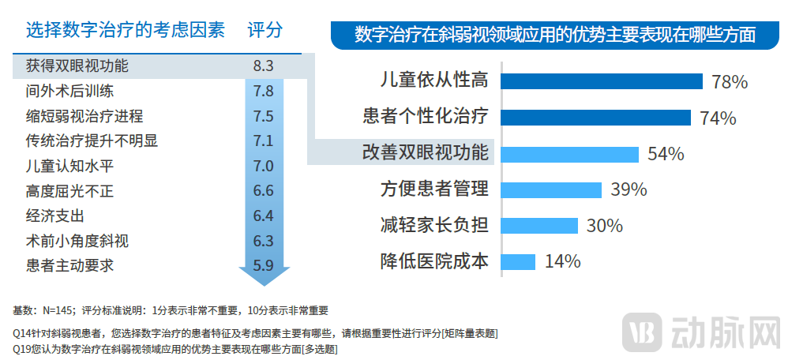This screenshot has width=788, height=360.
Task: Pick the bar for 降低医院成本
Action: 519,261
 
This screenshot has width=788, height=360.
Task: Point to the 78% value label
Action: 729,82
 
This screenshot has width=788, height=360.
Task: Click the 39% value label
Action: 629,189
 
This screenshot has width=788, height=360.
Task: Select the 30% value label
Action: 605,226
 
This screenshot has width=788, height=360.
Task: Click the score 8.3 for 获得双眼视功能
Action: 264,66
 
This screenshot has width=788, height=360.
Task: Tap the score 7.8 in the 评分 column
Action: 264,91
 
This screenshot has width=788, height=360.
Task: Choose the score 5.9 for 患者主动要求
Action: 264,266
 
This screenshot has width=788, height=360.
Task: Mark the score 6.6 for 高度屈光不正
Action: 264,191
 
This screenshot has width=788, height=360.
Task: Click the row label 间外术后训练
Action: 70,91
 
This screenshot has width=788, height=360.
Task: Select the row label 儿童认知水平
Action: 70,166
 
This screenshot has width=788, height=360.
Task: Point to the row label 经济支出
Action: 55,216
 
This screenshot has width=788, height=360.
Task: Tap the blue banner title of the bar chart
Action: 555,35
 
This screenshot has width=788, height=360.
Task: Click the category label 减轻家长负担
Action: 434,225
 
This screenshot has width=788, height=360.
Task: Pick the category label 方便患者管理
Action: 434,189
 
